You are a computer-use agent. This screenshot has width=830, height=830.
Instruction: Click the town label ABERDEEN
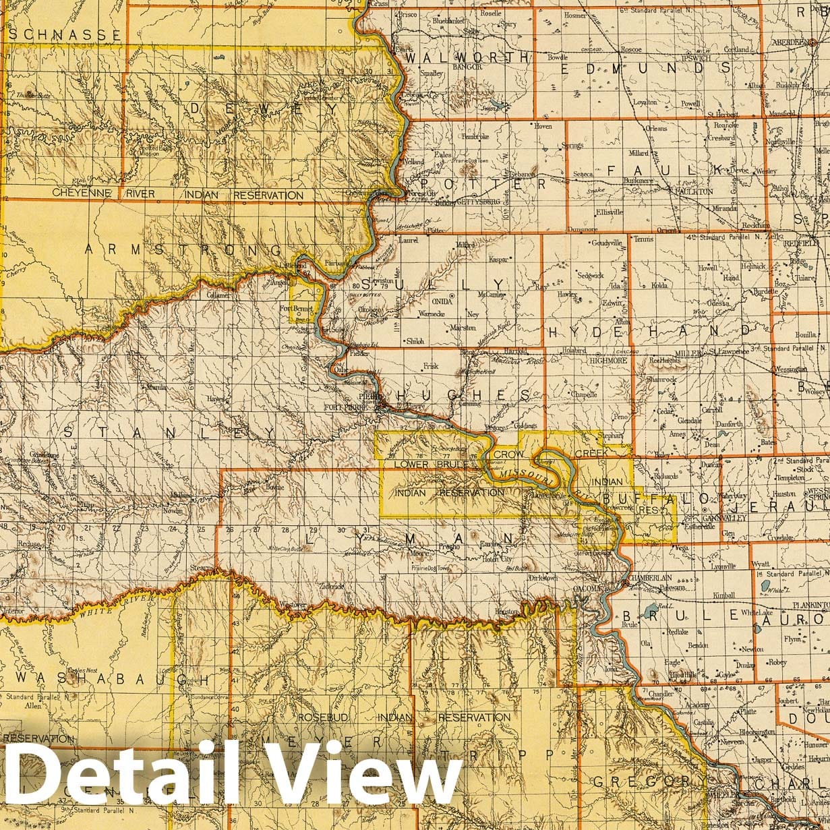791,42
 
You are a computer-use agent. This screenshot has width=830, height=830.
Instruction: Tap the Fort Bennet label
294,308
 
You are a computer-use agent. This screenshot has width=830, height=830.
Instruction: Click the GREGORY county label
643,781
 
